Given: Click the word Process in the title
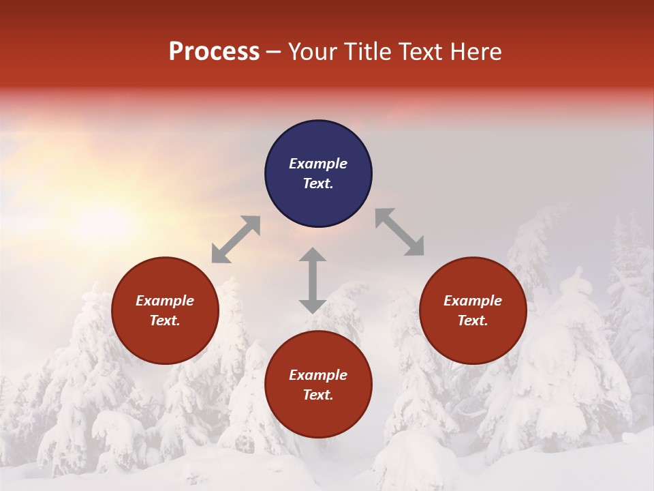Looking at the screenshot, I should pos(214,52).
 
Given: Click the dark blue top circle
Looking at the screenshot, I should pos(318,143).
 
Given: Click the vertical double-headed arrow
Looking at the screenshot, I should pos(313,280).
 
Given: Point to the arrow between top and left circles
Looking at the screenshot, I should pos(236,239).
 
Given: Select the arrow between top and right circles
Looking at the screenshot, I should pos(399,232).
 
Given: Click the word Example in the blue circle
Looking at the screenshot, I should pos(318,164).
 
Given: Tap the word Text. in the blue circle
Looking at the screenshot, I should pos(318,183).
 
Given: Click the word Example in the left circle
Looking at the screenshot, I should pos(165,301).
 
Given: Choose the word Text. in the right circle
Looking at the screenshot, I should pos(473,321).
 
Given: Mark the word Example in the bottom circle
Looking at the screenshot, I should pos(318,375).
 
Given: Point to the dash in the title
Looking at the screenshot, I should pos(274,52).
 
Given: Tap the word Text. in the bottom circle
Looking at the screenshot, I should pos(318,395).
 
